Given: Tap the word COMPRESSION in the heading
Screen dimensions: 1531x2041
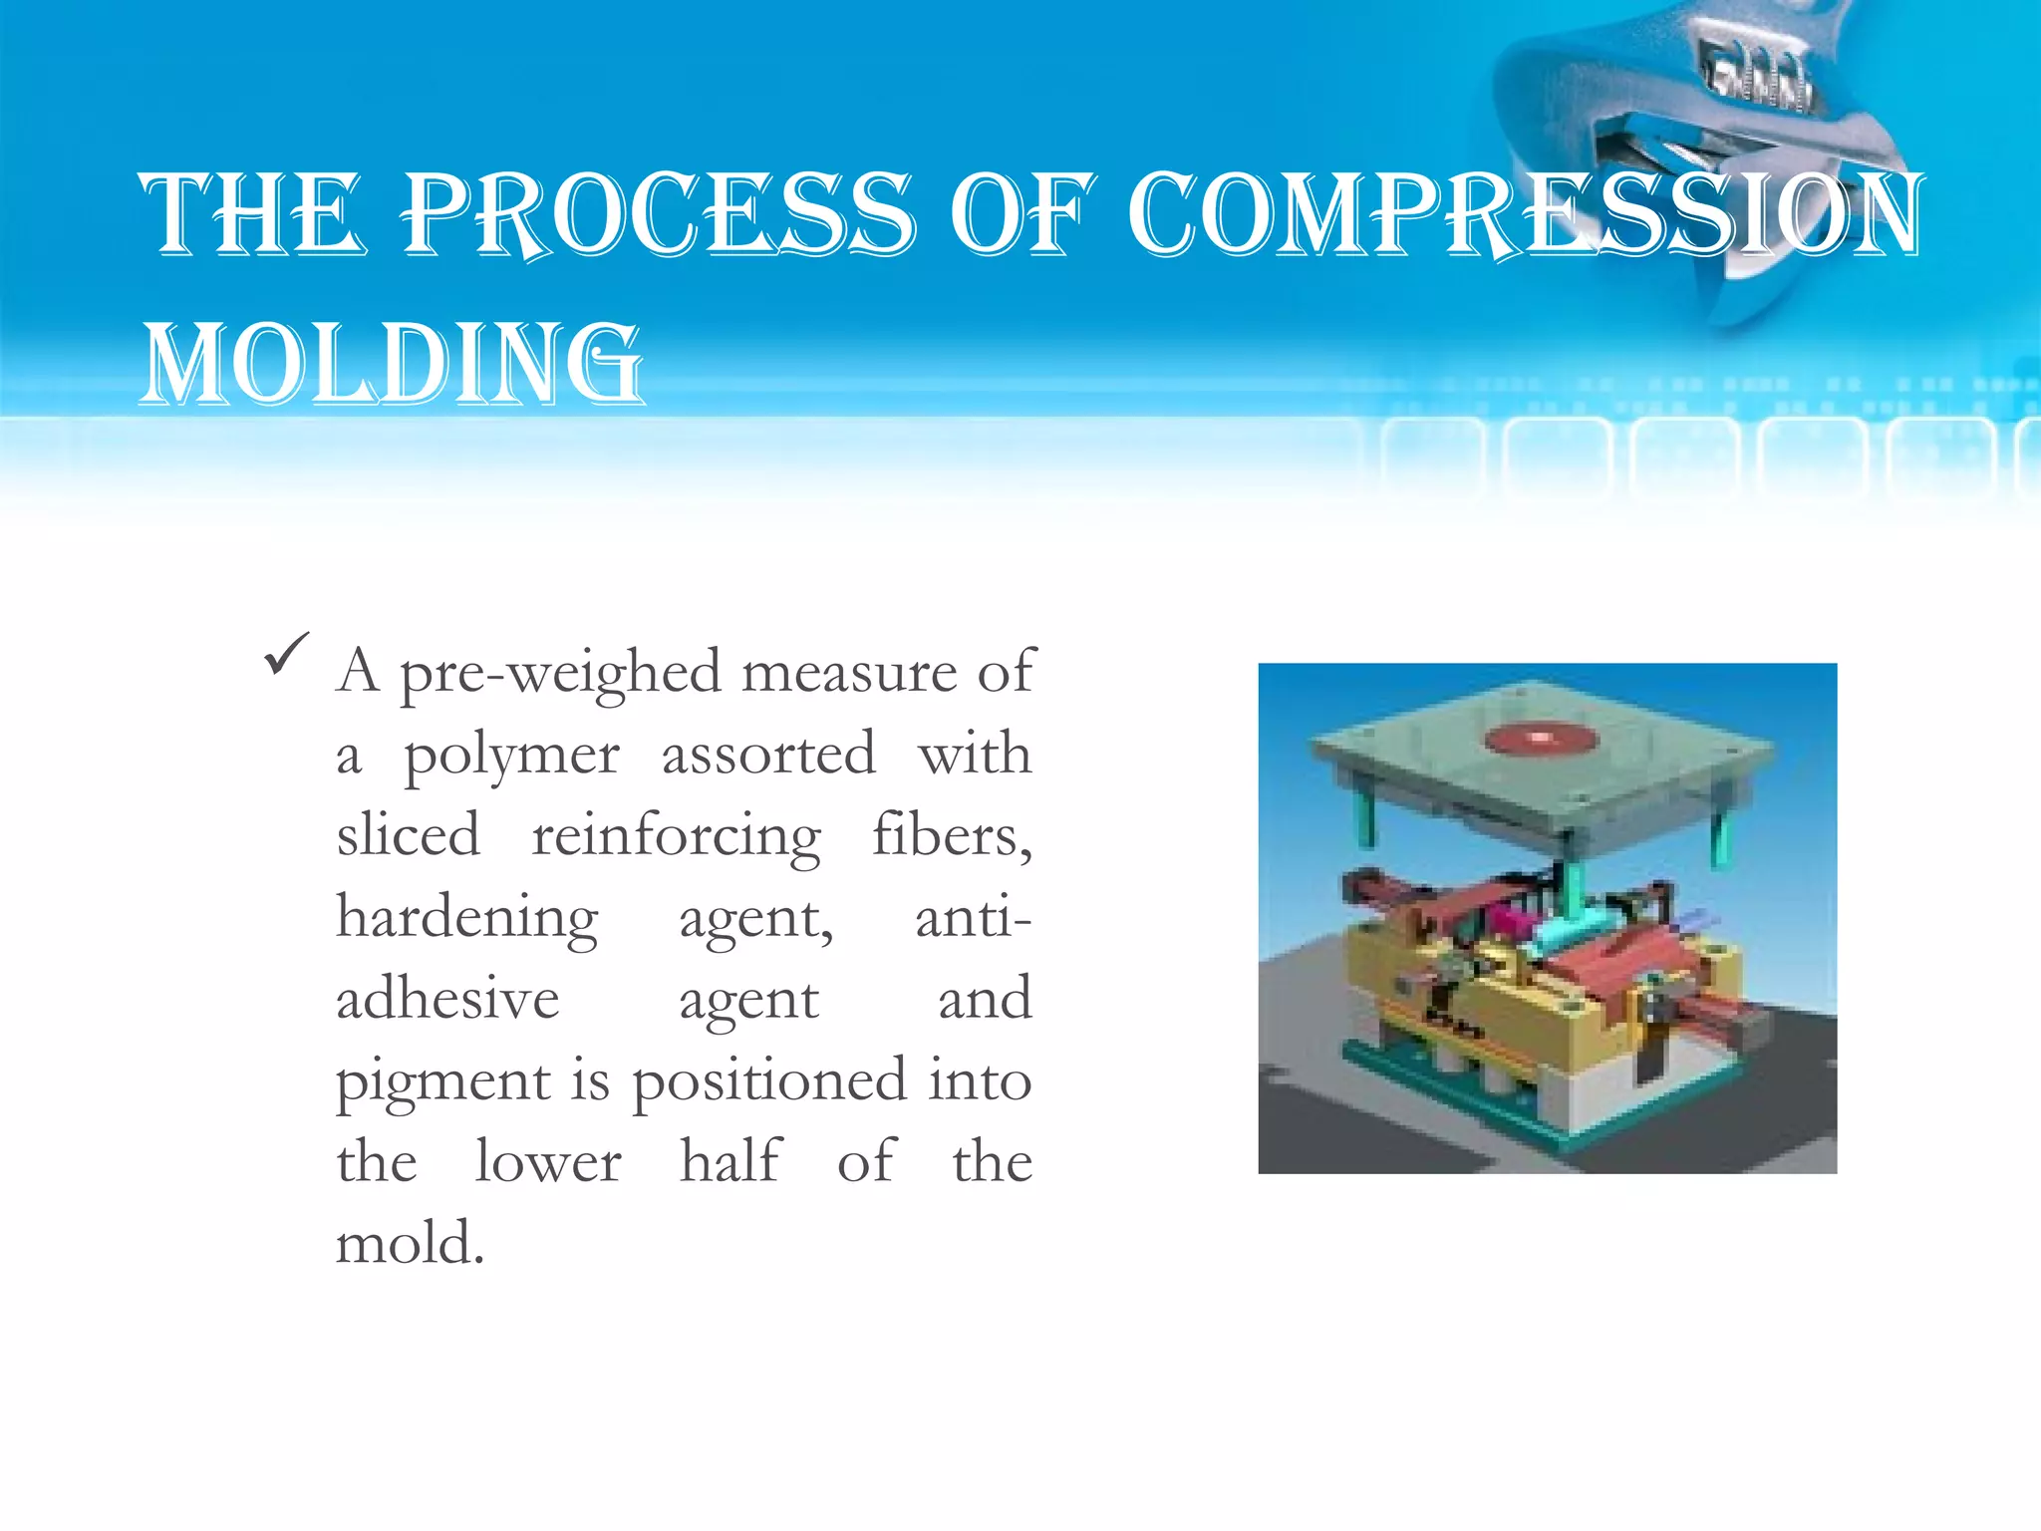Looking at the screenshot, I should tap(1525, 214).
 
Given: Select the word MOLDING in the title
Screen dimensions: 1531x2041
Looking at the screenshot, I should tap(393, 364).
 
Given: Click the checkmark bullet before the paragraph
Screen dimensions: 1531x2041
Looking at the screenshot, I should tap(287, 655).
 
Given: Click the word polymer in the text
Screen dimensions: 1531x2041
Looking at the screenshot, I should tap(511, 756).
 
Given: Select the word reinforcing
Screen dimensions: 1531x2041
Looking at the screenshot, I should tap(676, 836).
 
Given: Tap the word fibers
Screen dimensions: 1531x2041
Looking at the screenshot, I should tap(952, 835).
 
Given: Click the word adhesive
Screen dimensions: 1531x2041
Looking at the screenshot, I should tap(447, 1000).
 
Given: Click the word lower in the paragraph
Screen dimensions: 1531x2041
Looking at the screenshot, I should tap(548, 1163).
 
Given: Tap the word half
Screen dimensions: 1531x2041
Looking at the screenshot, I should tap(730, 1162).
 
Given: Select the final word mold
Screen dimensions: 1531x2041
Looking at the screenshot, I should tap(410, 1245).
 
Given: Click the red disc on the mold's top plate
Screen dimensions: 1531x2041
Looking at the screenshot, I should tap(1541, 739).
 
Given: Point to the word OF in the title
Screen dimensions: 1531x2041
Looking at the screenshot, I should tap(1022, 214).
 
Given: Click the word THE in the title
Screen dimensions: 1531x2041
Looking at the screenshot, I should tap(250, 214).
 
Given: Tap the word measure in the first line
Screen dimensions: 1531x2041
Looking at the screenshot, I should tap(848, 673).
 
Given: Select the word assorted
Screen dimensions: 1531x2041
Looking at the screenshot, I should tap(768, 755).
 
